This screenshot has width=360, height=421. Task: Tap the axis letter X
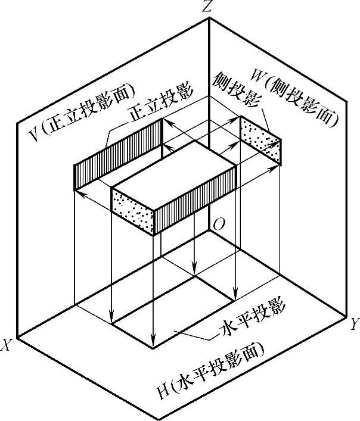pyautogui.click(x=7, y=345)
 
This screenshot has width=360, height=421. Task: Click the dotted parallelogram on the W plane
pyautogui.click(x=260, y=141)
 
